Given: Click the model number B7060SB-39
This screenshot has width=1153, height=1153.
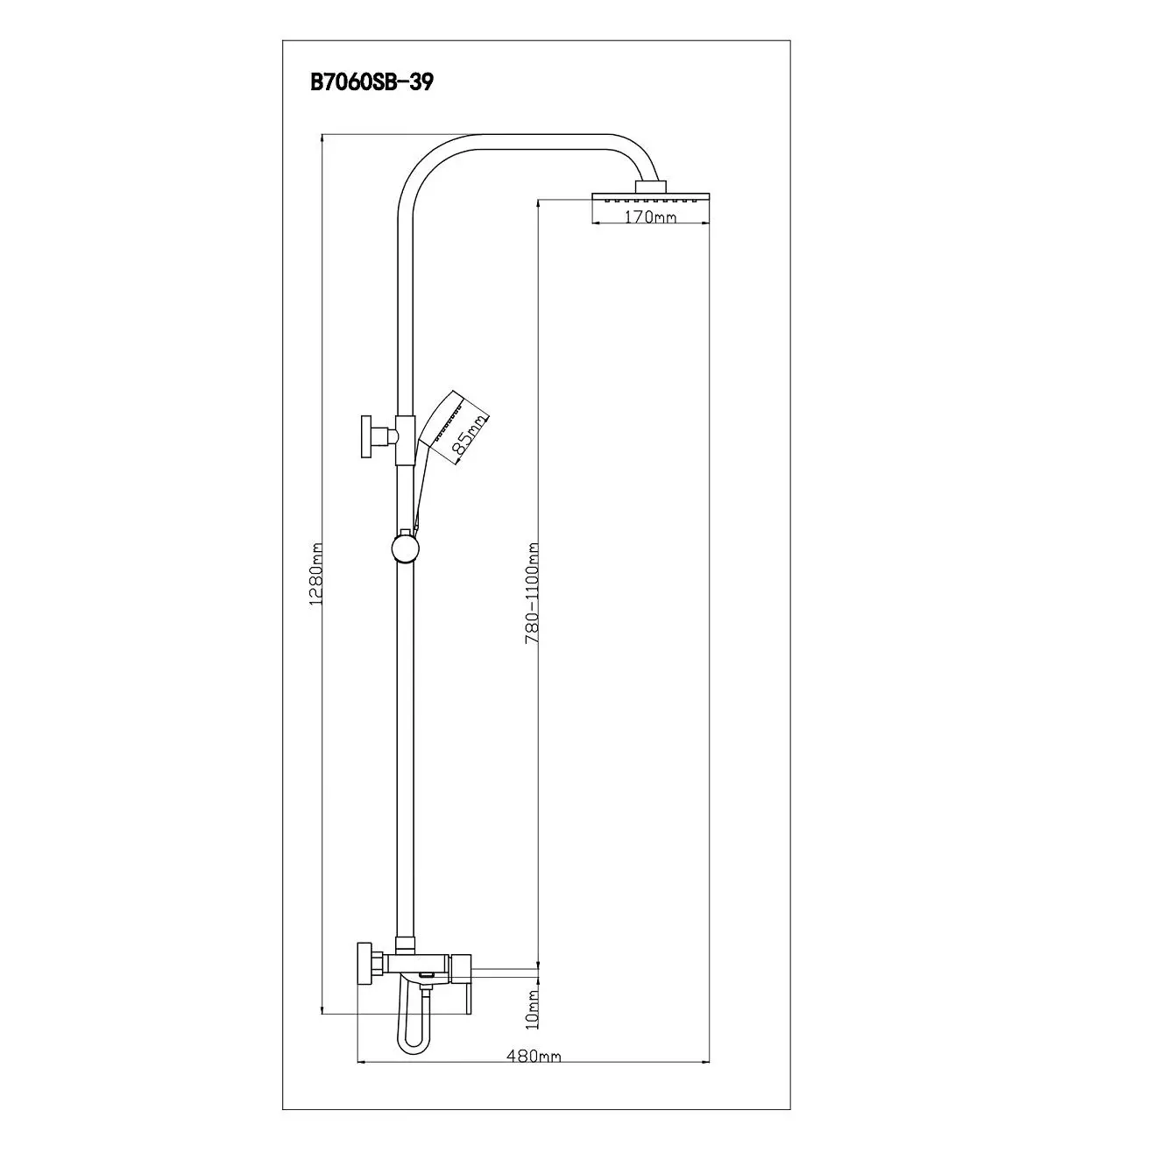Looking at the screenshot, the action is point(371,82).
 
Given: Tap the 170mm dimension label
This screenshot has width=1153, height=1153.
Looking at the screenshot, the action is point(650,216).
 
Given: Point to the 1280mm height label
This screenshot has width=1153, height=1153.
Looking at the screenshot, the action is point(316,574).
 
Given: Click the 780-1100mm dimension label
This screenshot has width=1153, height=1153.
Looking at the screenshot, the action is point(532,593).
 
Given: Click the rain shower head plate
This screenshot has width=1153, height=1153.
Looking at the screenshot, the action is point(650,197).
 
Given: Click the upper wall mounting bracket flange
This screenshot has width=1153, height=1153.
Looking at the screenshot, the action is point(367,436).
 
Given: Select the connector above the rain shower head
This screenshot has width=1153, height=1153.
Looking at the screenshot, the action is point(650,186).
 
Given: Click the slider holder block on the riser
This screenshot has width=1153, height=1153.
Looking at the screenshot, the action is point(405,440).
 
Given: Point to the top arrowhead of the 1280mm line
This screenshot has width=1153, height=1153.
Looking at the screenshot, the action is point(322,138).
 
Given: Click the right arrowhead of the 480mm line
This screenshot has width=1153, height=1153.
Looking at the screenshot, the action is point(704,1062).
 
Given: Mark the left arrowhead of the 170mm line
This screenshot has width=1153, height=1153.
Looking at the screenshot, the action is point(597,223).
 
